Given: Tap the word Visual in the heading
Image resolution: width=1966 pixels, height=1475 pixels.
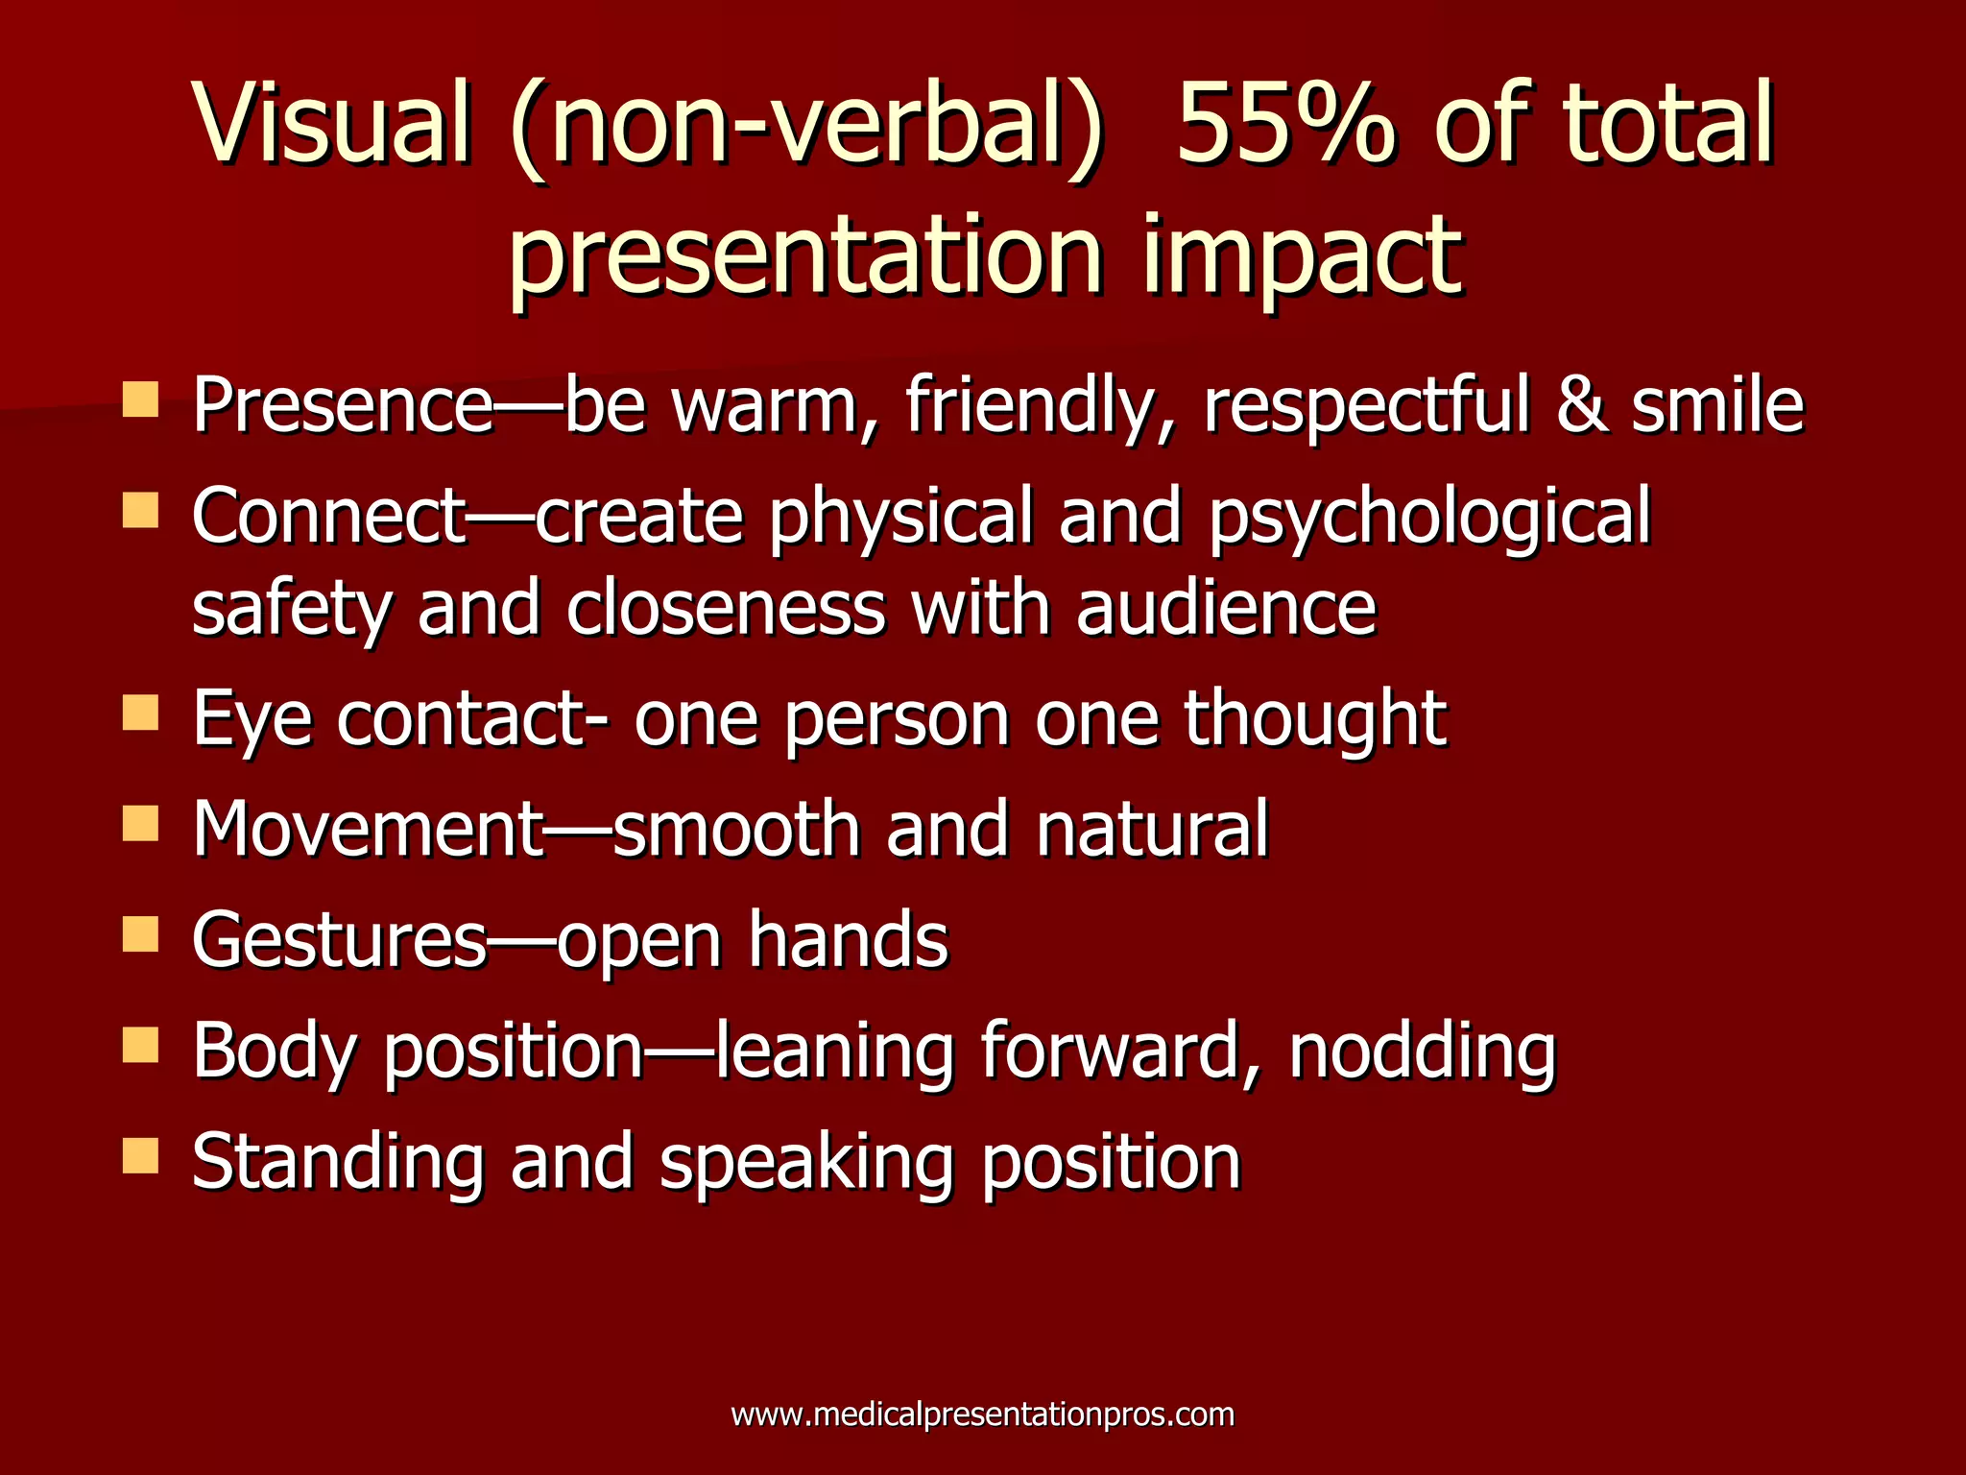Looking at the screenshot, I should coord(332,125).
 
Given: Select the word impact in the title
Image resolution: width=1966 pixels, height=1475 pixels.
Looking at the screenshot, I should coord(1302,254).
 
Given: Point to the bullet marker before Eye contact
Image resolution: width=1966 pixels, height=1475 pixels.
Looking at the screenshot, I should coord(140,713).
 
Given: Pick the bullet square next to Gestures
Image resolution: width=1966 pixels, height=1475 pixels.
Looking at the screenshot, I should coord(140,933).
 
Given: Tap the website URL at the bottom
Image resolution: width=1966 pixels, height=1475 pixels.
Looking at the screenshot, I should coord(982,1415).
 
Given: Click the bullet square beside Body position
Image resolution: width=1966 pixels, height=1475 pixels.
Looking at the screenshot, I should coord(140,1045).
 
